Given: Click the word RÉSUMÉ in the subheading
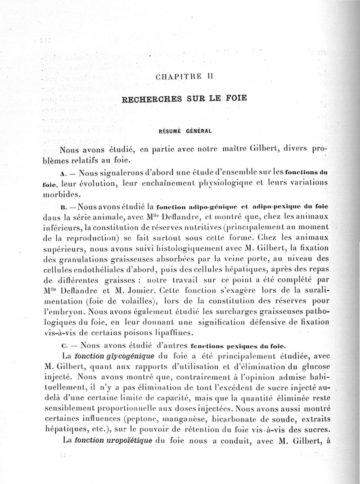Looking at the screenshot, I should [169, 131].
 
